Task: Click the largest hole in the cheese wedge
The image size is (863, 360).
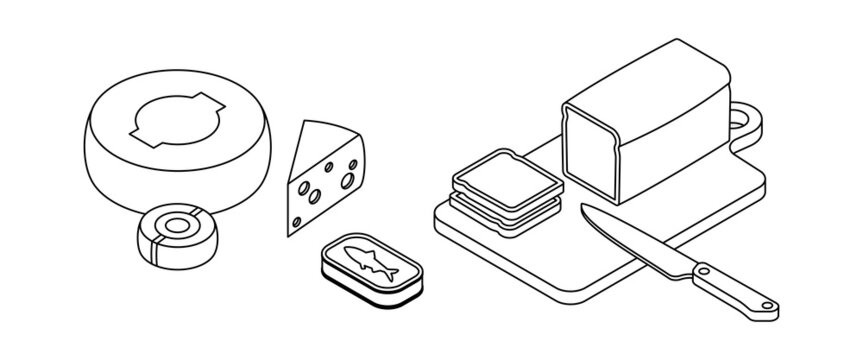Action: point(351,181)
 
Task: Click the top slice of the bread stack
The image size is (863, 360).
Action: point(507,177)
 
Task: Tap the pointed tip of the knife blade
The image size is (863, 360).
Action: point(581,207)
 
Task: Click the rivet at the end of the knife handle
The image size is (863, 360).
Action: point(764,307)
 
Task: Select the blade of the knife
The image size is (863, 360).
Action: point(634,240)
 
